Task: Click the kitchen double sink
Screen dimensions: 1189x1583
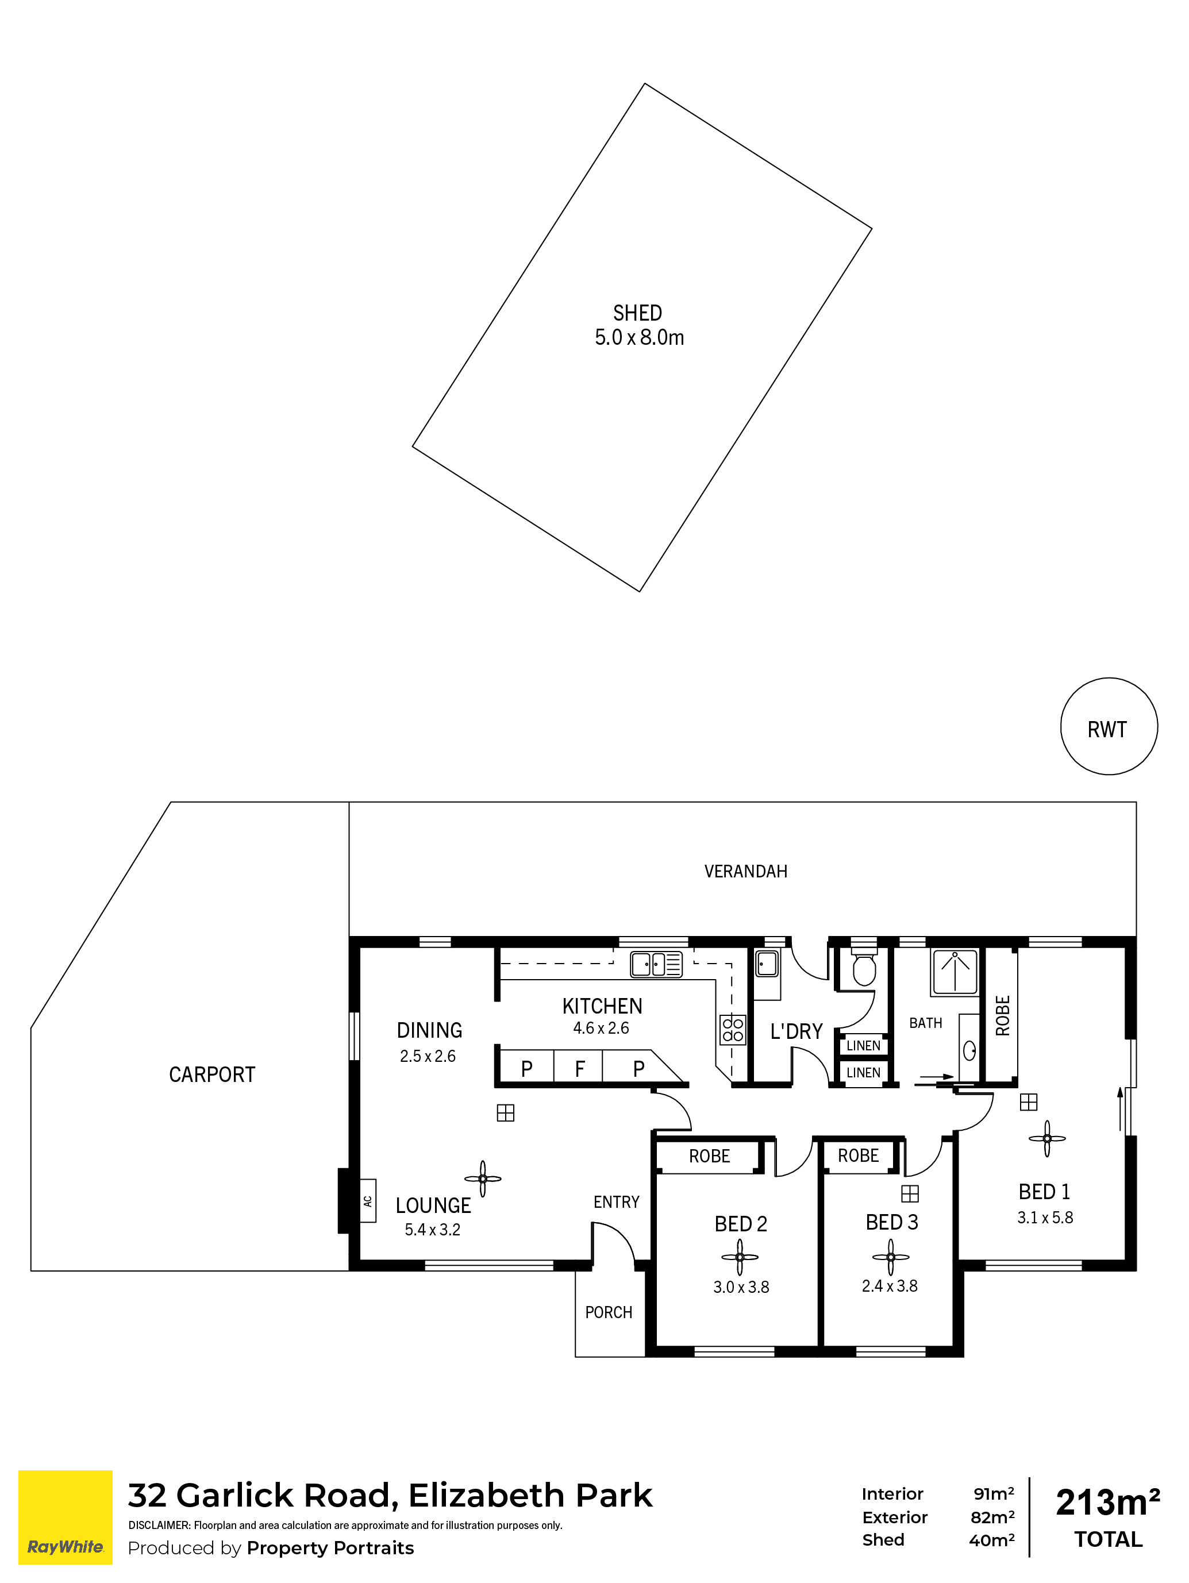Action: click(x=656, y=964)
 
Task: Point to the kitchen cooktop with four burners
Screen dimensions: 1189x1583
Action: click(x=732, y=1030)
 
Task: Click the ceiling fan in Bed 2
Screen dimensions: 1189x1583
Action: click(x=740, y=1257)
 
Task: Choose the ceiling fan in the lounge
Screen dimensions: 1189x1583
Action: click(x=483, y=1178)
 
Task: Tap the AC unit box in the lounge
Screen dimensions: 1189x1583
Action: click(x=367, y=1201)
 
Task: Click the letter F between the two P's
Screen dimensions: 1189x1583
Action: click(x=580, y=1069)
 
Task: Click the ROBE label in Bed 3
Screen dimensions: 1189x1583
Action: click(x=859, y=1156)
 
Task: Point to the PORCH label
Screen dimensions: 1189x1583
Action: click(x=609, y=1312)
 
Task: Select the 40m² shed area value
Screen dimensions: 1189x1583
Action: click(x=991, y=1540)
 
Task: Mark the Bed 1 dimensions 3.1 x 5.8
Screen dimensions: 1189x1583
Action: click(x=1045, y=1218)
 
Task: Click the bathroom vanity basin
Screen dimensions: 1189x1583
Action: click(x=969, y=1050)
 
